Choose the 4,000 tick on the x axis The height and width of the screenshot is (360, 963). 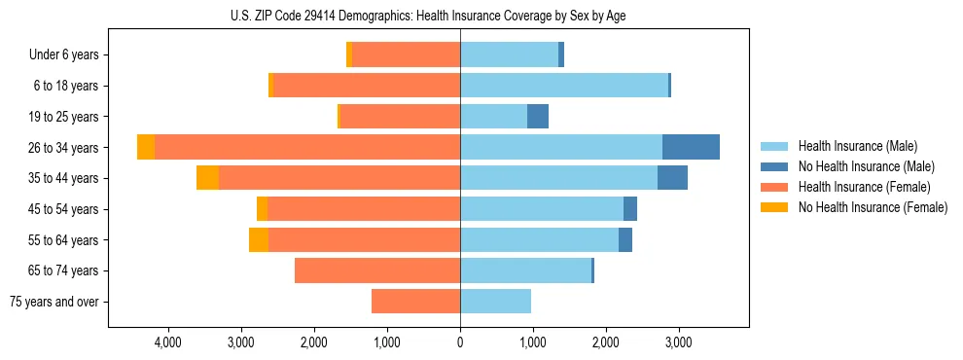pyautogui.click(x=167, y=342)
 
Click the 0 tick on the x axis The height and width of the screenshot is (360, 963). pyautogui.click(x=460, y=342)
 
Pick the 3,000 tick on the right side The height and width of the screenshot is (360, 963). pyautogui.click(x=678, y=342)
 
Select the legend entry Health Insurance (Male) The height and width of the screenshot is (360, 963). pyautogui.click(x=857, y=146)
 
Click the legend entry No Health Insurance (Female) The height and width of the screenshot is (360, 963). pyautogui.click(x=873, y=207)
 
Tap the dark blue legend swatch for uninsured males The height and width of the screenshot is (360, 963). pyautogui.click(x=775, y=166)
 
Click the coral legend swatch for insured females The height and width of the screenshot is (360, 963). pyautogui.click(x=775, y=187)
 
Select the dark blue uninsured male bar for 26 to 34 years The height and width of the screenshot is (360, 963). pyautogui.click(x=691, y=147)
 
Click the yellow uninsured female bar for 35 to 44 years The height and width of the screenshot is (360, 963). pyautogui.click(x=207, y=178)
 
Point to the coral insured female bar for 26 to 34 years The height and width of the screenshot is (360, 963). pyautogui.click(x=307, y=147)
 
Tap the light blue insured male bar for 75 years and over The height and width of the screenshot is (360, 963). pyautogui.click(x=495, y=302)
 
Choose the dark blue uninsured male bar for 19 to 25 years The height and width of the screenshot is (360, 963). pyautogui.click(x=538, y=117)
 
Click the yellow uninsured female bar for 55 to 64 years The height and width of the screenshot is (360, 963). pyautogui.click(x=259, y=240)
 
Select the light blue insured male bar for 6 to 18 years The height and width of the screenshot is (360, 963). pyautogui.click(x=564, y=86)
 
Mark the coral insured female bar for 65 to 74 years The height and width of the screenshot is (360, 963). pyautogui.click(x=377, y=270)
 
